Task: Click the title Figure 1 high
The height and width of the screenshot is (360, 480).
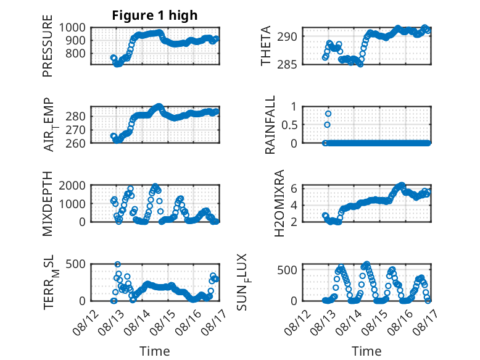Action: (155, 15)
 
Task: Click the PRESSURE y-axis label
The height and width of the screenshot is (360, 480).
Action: (48, 46)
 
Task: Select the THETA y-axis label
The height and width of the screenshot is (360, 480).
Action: (266, 46)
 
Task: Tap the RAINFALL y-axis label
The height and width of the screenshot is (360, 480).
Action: (270, 125)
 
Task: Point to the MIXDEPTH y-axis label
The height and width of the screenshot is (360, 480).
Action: (48, 204)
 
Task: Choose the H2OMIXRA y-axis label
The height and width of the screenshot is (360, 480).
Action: (279, 203)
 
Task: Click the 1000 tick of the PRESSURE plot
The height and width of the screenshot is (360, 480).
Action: (72, 28)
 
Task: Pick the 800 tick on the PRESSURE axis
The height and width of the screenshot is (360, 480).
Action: (76, 53)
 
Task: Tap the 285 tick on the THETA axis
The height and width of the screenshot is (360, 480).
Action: (287, 65)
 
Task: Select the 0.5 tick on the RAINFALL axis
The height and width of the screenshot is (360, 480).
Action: (289, 125)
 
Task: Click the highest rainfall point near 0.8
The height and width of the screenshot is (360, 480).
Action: (328, 114)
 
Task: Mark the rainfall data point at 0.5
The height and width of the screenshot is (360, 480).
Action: (327, 125)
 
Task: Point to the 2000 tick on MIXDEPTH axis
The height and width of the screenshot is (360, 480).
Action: (72, 185)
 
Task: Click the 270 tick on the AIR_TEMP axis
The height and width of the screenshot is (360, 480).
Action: (76, 130)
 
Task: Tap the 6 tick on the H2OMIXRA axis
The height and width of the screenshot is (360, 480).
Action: (294, 188)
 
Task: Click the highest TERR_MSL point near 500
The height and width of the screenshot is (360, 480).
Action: (118, 264)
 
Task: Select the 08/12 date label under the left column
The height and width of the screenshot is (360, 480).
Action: (86, 322)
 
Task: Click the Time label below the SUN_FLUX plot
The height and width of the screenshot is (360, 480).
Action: (366, 351)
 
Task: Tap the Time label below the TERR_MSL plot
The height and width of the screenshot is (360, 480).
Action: (155, 351)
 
